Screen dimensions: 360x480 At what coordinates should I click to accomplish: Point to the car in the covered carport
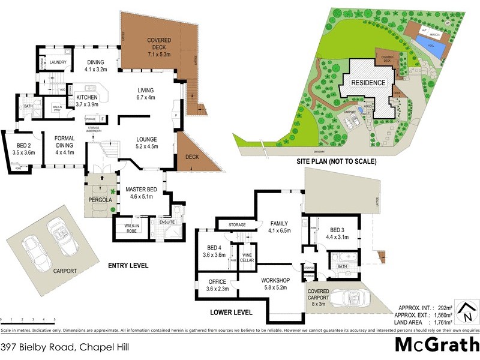pyautogui.click(x=346, y=298)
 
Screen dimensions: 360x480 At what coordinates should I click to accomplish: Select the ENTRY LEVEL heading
pyautogui.click(x=128, y=266)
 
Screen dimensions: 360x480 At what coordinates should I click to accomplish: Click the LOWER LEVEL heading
pyautogui.click(x=231, y=312)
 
